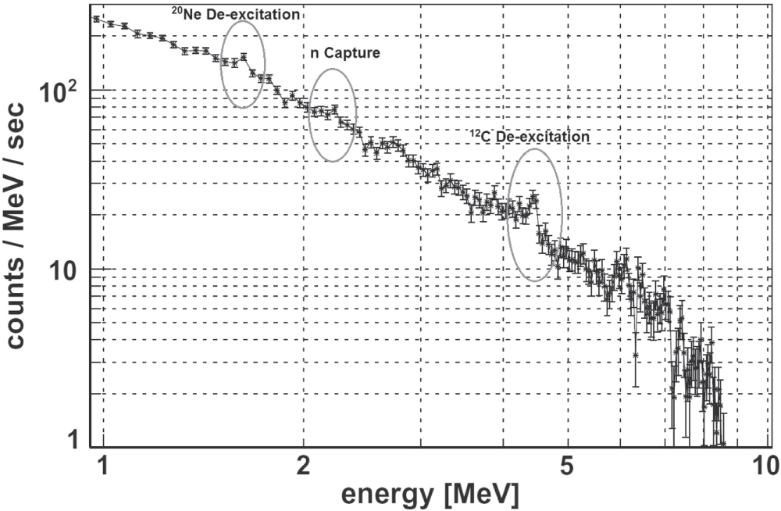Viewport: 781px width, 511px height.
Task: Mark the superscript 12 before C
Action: (473, 132)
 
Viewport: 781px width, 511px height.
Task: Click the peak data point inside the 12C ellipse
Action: (534, 198)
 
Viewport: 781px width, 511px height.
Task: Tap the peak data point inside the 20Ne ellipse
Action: (244, 56)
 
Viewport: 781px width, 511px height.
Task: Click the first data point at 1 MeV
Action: (96, 19)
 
